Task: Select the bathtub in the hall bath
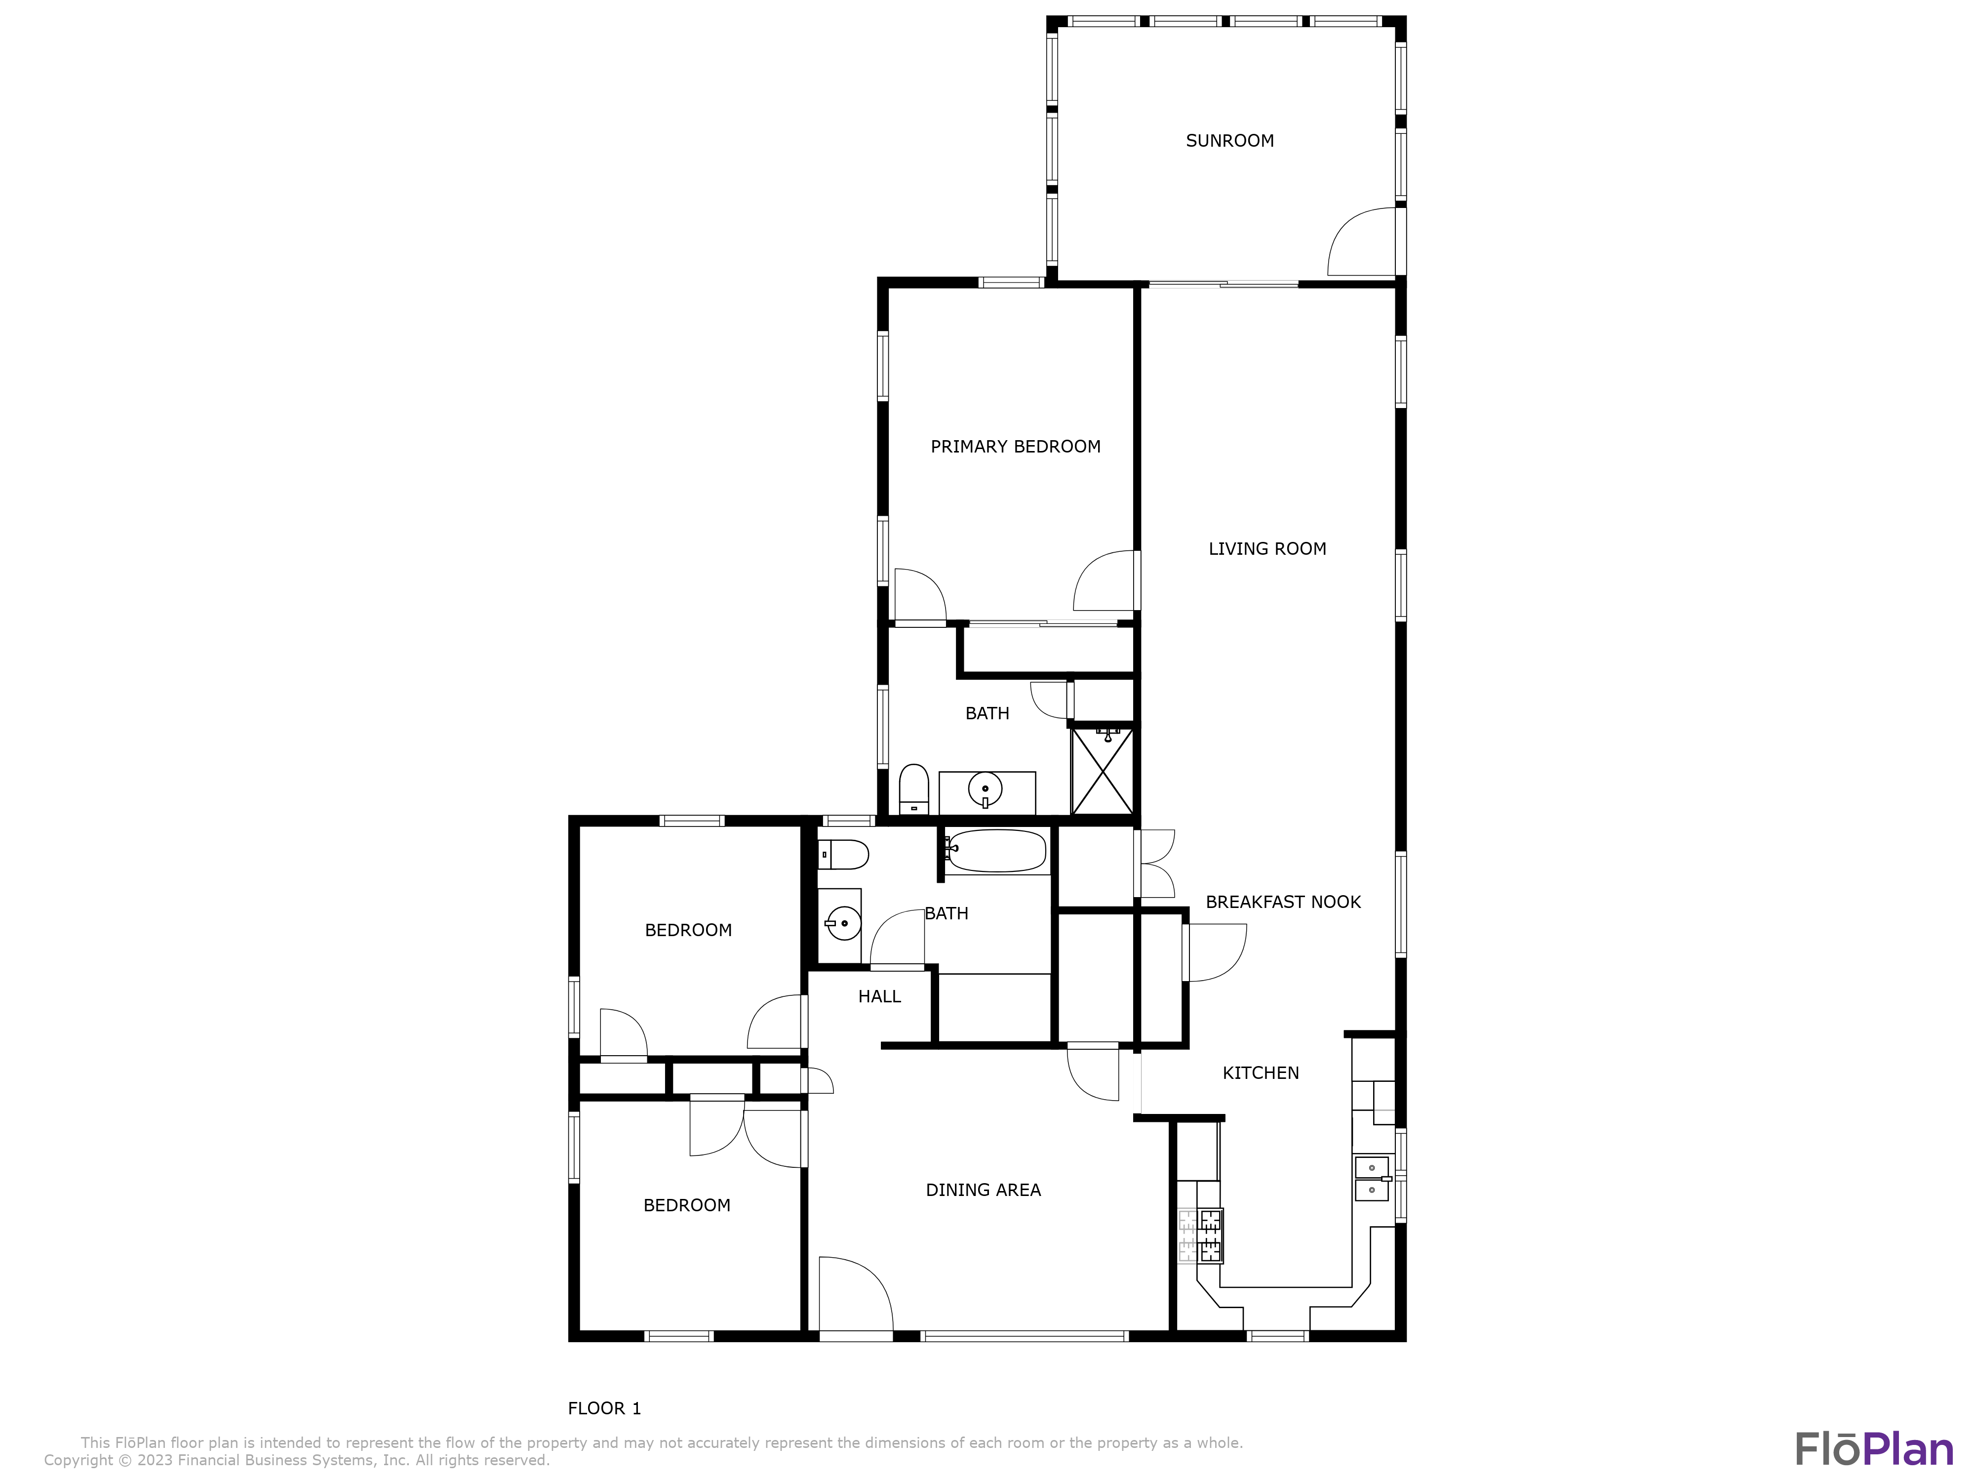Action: coord(995,851)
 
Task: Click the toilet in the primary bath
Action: coord(913,789)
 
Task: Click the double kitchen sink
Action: coord(1372,1178)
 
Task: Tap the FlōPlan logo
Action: coord(1873,1449)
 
